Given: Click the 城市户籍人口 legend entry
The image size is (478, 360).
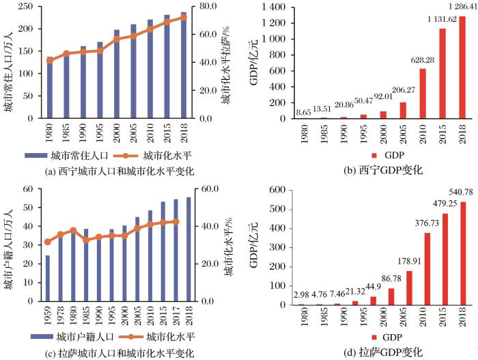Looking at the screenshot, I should point(76,337).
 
